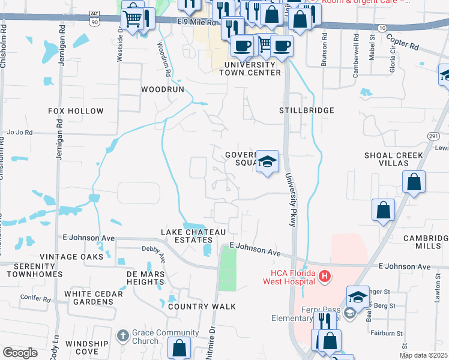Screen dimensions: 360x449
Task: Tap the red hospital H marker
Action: [325, 277]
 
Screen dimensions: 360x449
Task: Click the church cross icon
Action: [122, 336]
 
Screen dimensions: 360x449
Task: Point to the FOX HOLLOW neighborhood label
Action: [76, 111]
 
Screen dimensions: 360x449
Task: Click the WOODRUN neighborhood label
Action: [161, 89]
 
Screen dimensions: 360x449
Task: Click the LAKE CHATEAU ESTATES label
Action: [194, 236]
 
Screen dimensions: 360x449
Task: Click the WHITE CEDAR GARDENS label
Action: [94, 298]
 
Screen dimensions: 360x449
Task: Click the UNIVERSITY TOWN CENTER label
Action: [250, 68]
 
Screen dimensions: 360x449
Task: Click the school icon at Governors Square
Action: [268, 161]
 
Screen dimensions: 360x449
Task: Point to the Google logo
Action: [20, 353]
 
